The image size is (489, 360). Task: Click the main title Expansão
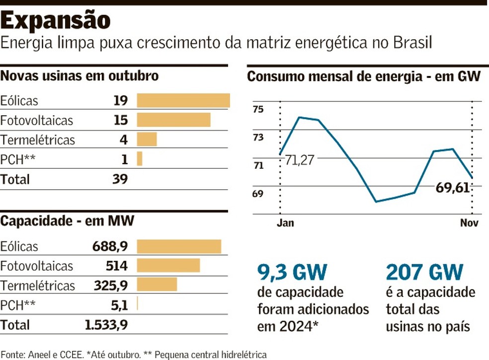tap(55, 20)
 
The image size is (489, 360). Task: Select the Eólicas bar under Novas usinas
tap(183, 101)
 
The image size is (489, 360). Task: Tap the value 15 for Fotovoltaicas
tap(120, 120)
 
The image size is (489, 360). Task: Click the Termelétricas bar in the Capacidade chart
tap(157, 285)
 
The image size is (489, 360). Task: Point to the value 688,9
tap(110, 246)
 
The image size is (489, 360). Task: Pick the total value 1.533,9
tap(106, 325)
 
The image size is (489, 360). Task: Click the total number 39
tap(120, 179)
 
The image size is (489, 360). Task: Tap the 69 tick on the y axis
tap(257, 194)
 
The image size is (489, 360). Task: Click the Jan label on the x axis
tap(285, 223)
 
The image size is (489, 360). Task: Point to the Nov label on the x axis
tap(469, 223)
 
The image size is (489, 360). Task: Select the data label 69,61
tap(452, 188)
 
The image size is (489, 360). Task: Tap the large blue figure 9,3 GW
tap(292, 272)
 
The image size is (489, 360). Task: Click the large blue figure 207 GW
tap(424, 272)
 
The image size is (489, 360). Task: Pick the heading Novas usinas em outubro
tap(80, 76)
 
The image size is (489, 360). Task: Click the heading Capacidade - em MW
tap(67, 221)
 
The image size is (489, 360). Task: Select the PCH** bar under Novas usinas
tap(140, 159)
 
